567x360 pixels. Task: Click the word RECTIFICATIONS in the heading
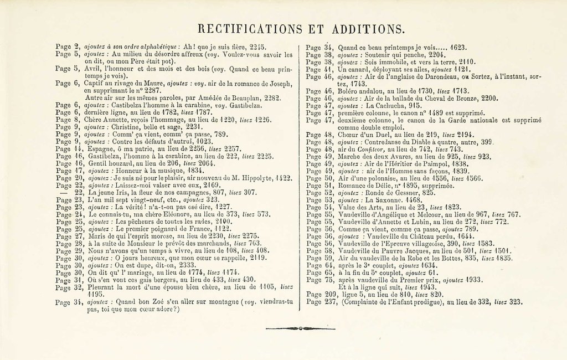click(250, 29)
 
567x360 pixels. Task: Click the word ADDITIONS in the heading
click(370, 29)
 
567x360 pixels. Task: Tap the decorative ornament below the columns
click(301, 328)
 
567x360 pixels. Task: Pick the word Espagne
click(101, 148)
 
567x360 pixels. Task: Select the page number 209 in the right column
click(331, 294)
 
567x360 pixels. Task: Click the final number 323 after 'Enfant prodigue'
click(515, 302)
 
